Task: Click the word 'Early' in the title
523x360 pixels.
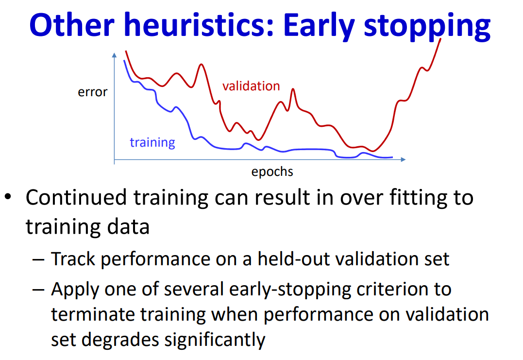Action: pos(319,26)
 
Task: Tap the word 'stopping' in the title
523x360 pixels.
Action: pos(427,27)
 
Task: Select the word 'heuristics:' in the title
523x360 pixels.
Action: pos(199,25)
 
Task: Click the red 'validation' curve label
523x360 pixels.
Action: pos(251,86)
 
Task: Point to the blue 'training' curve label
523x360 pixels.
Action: pos(152,142)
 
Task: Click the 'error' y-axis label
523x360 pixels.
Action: pos(93,92)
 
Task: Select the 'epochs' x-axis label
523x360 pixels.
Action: pos(272,172)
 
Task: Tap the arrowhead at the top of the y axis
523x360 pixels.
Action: pos(115,55)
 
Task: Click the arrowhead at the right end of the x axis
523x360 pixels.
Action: pos(403,159)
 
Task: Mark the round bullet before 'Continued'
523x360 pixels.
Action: pos(8,197)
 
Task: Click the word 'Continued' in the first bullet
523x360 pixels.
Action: pos(76,197)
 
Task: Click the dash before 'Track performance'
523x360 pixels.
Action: pos(38,259)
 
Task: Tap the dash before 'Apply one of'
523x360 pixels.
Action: pos(38,289)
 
